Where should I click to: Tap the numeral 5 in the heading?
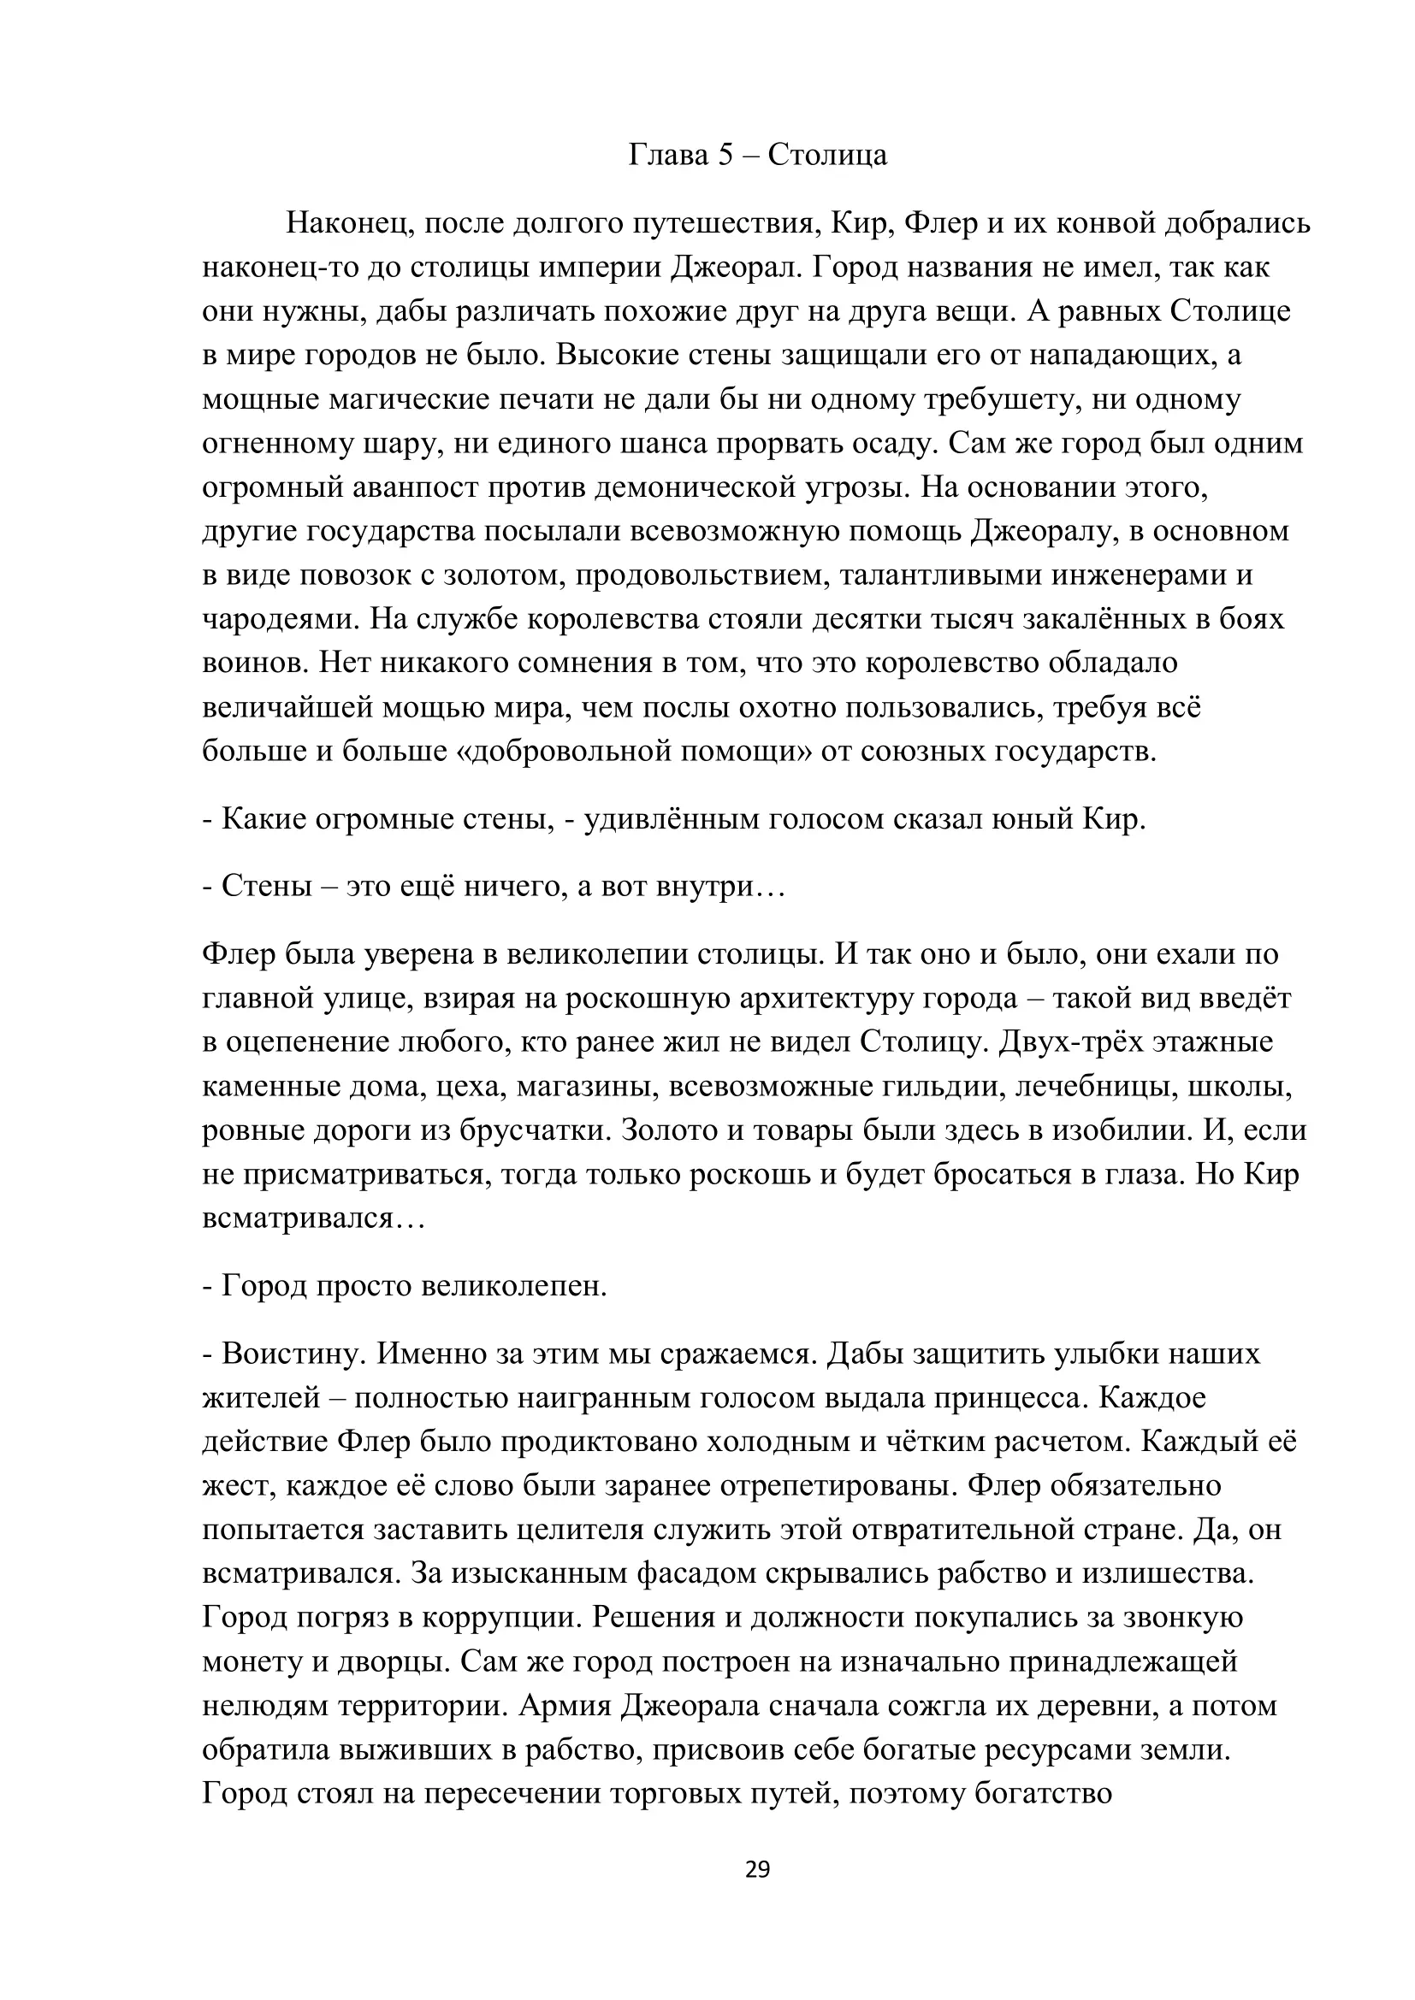[726, 155]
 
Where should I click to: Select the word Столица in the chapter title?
[828, 155]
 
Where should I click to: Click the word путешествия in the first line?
[725, 224]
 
